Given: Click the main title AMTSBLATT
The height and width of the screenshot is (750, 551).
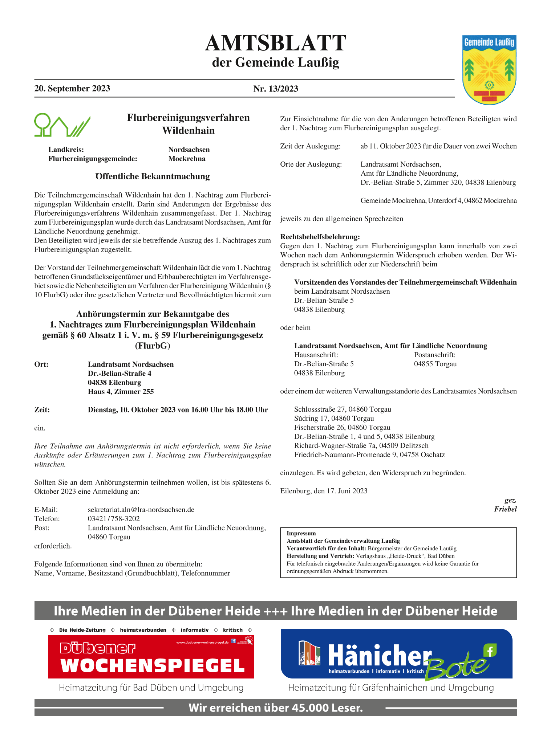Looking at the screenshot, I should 275,44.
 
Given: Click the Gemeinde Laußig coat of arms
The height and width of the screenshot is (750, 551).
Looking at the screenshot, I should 489,70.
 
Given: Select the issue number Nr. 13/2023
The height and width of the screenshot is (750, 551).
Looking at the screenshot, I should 276,89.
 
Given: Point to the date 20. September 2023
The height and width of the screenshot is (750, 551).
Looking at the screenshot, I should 72,89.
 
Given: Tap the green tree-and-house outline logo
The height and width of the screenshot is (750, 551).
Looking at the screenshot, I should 62,125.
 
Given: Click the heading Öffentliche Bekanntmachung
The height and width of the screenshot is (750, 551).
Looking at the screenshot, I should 153,176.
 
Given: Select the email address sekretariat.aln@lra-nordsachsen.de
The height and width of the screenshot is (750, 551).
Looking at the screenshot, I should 141,510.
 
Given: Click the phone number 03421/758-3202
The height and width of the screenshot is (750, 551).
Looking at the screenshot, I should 114,519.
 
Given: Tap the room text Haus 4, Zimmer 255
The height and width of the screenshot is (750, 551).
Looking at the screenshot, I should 121,392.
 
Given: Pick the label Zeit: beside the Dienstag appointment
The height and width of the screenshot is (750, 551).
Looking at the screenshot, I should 42,410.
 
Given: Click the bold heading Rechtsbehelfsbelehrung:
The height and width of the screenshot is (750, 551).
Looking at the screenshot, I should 320,237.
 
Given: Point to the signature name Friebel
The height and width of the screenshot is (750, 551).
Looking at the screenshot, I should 505,509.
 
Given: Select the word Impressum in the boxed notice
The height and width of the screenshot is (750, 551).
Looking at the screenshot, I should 301,534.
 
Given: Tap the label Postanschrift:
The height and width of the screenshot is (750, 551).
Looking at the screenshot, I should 434,355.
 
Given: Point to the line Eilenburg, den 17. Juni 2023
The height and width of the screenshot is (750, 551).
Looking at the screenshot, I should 324,491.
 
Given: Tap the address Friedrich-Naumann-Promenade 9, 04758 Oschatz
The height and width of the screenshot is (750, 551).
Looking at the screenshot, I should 369,455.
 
